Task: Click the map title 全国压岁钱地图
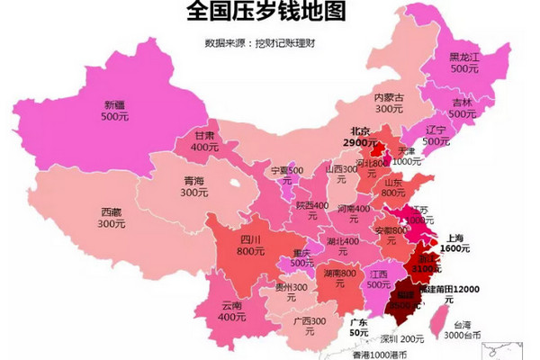[x=269, y=13]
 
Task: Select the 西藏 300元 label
[x=112, y=218]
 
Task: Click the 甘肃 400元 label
[x=204, y=140]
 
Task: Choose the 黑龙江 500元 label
[x=464, y=62]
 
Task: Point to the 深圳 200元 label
[x=400, y=338]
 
